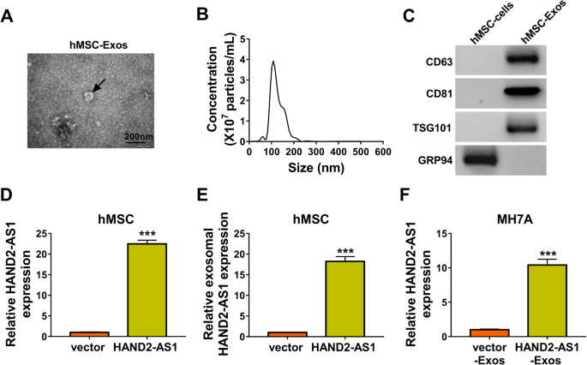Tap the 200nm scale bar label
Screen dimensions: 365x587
point(140,136)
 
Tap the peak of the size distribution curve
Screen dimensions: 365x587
point(273,62)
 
